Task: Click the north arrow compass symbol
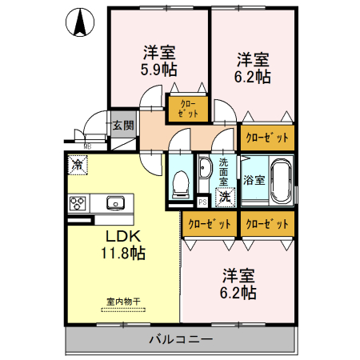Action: (x=80, y=23)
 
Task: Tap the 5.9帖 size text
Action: (x=159, y=70)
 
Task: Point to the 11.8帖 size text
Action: (x=122, y=254)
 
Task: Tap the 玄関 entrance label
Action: (x=122, y=125)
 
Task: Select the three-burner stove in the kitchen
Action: (x=79, y=202)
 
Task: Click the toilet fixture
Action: (x=180, y=182)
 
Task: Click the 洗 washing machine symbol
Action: (x=226, y=196)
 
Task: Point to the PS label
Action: (x=203, y=202)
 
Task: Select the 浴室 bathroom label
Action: (x=254, y=180)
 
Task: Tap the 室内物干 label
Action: (x=122, y=302)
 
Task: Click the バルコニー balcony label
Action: (x=180, y=339)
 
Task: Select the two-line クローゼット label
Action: (x=186, y=107)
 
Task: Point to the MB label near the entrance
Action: (x=87, y=146)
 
